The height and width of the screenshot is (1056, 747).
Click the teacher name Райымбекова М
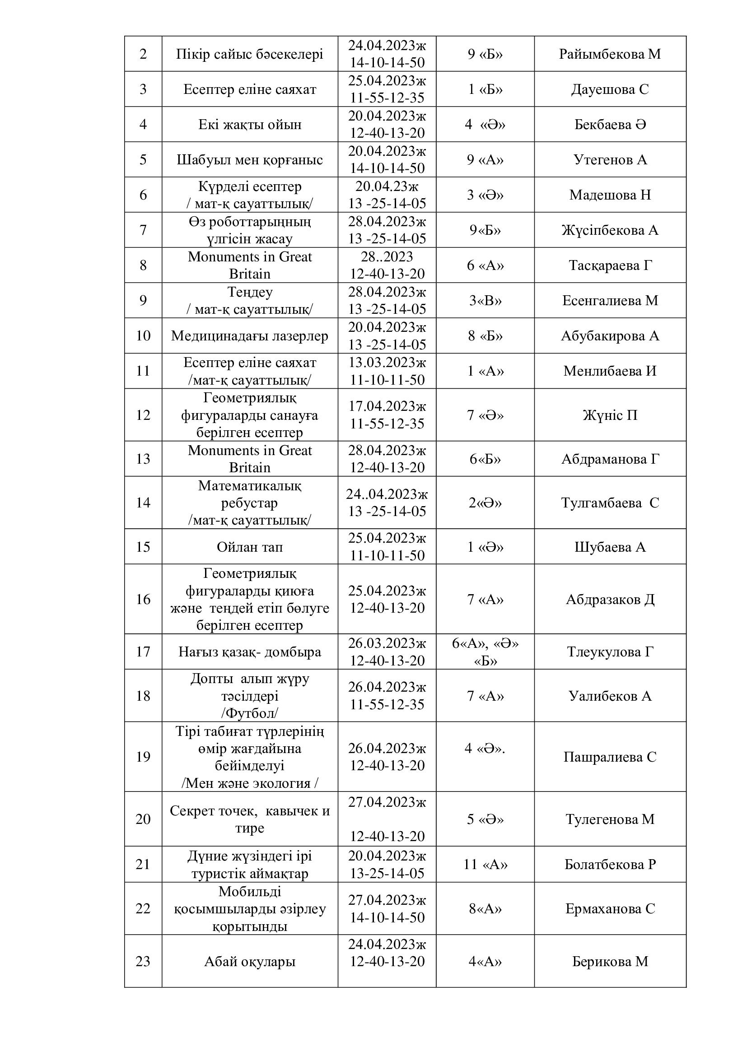pyautogui.click(x=609, y=54)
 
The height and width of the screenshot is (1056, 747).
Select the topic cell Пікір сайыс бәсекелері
pyautogui.click(x=249, y=54)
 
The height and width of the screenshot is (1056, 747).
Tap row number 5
pyautogui.click(x=143, y=159)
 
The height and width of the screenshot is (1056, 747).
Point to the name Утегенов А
pyautogui.click(x=610, y=159)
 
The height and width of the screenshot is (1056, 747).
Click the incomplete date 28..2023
pyautogui.click(x=387, y=256)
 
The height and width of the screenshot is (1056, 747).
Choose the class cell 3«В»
pyautogui.click(x=485, y=300)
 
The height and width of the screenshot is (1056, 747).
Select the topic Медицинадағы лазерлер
pyautogui.click(x=249, y=336)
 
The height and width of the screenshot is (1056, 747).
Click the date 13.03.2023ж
pyautogui.click(x=387, y=363)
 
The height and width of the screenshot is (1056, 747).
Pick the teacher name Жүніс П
pyautogui.click(x=610, y=415)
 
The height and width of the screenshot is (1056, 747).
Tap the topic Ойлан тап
pyautogui.click(x=249, y=547)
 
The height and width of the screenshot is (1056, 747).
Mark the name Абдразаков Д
pyautogui.click(x=610, y=599)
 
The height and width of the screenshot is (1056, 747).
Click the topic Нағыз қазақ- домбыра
pyautogui.click(x=249, y=652)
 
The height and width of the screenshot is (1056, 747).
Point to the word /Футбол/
pyautogui.click(x=249, y=713)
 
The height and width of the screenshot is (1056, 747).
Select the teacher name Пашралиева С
pyautogui.click(x=610, y=757)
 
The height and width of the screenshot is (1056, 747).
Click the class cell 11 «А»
pyautogui.click(x=485, y=864)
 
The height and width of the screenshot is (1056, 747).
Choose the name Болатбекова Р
pyautogui.click(x=610, y=864)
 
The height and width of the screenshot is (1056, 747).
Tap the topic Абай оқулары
pyautogui.click(x=249, y=961)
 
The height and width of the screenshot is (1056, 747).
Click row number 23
pyautogui.click(x=143, y=961)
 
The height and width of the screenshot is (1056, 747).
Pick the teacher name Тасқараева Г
pyautogui.click(x=610, y=265)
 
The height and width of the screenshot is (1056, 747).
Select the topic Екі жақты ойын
pyautogui.click(x=249, y=125)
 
